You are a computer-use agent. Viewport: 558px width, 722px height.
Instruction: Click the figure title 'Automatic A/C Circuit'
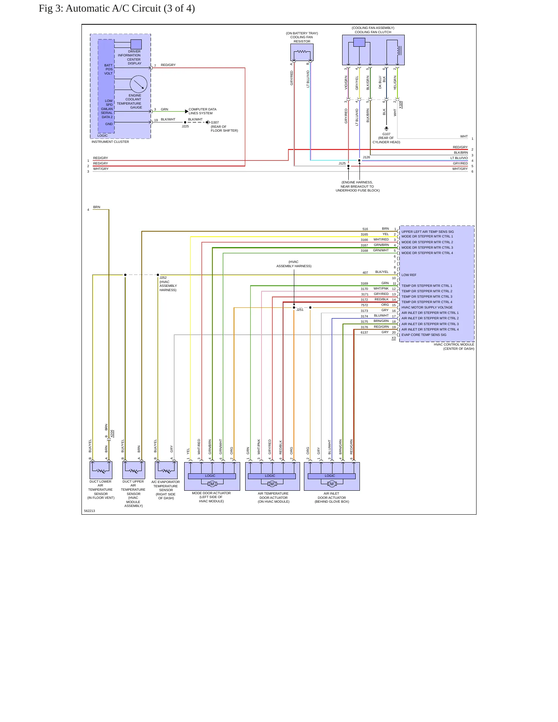click(113, 8)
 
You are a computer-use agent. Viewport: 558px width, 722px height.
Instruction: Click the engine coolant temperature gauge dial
click(139, 84)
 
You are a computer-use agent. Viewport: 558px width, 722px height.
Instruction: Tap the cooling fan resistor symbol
click(302, 52)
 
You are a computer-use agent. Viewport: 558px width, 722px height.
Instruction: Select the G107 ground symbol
click(386, 129)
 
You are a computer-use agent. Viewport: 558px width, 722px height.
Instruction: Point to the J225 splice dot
click(185, 122)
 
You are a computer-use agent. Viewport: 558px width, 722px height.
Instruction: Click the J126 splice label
click(366, 157)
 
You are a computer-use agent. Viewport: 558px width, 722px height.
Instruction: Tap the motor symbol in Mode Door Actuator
click(212, 484)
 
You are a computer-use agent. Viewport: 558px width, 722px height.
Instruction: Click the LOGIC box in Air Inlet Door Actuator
click(331, 476)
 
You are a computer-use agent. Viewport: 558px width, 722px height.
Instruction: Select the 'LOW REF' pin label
click(409, 275)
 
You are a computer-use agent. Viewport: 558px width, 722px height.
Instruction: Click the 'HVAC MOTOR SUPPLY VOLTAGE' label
click(427, 307)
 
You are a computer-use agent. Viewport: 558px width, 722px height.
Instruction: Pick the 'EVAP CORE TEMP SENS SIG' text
click(424, 335)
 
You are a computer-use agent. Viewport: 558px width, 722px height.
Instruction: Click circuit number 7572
click(365, 305)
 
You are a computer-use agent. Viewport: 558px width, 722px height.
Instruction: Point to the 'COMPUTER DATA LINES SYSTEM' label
click(202, 111)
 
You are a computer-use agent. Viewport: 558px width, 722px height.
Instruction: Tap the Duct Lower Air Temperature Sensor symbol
click(101, 470)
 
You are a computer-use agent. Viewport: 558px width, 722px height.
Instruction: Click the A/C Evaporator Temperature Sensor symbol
click(166, 470)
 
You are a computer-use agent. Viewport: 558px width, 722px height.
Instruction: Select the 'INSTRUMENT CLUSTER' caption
click(110, 142)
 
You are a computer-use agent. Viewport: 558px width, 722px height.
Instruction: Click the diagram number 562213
click(90, 511)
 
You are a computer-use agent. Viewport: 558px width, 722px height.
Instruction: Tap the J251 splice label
click(300, 310)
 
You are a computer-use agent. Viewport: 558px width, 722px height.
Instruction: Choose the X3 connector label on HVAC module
click(394, 338)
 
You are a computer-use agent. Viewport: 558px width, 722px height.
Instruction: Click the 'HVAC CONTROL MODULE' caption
click(454, 344)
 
